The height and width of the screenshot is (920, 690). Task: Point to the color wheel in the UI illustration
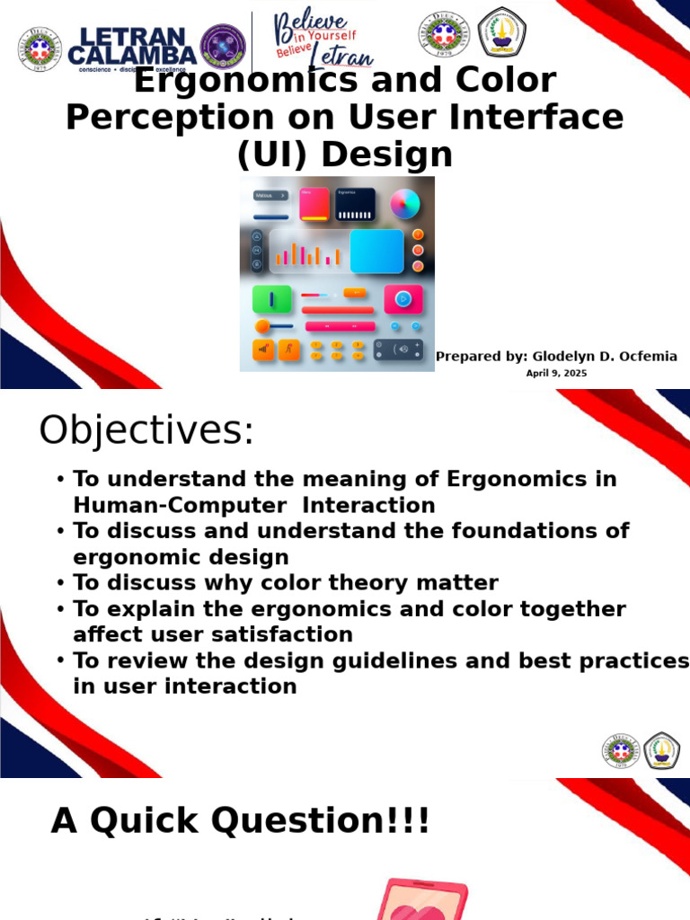point(405,204)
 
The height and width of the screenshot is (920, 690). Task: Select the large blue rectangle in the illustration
point(376,251)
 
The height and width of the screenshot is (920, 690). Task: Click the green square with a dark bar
point(272,299)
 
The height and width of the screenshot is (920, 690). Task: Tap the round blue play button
point(403,299)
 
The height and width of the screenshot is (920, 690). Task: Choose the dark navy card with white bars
point(355,204)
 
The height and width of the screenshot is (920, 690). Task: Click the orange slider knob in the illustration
point(262,326)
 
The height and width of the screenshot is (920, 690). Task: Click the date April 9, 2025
point(556,373)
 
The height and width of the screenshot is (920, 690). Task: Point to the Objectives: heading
point(146,431)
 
